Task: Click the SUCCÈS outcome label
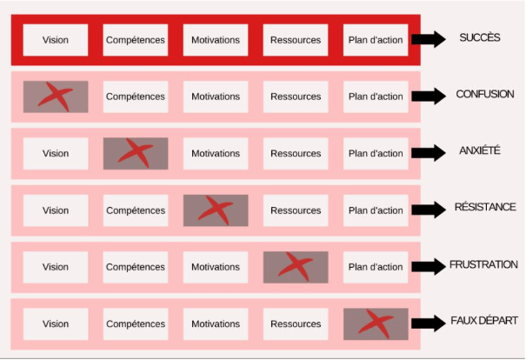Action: [x=480, y=38]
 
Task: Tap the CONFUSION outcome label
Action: [x=485, y=94]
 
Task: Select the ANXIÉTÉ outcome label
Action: [x=480, y=150]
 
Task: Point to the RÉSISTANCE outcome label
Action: [x=485, y=207]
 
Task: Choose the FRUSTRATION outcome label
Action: [x=483, y=264]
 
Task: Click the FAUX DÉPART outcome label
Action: [x=484, y=321]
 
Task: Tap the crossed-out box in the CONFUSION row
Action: [x=56, y=96]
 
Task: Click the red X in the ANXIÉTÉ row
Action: [x=136, y=153]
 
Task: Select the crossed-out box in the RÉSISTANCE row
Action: [x=216, y=210]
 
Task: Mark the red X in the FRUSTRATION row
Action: [x=296, y=267]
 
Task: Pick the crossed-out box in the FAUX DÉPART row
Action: [x=376, y=324]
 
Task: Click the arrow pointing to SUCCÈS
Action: [x=428, y=39]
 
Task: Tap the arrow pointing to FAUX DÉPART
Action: [x=428, y=323]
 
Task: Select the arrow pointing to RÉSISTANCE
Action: [x=428, y=210]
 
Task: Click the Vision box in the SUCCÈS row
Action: [x=56, y=40]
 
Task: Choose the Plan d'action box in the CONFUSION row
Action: [x=376, y=97]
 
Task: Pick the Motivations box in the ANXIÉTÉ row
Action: [x=216, y=154]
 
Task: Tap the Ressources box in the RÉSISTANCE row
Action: [x=296, y=210]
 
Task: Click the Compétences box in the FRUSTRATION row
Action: [x=136, y=267]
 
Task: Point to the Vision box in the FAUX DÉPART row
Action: [x=56, y=324]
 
